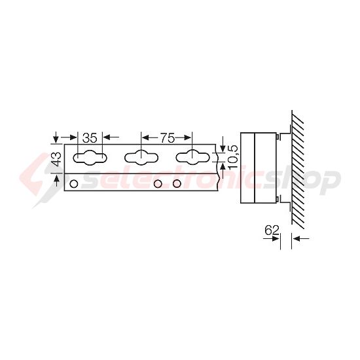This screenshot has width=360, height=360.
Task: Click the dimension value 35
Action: pos(90,137)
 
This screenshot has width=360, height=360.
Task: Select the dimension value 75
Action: pos(167,137)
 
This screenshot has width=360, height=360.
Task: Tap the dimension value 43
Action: pos(56,158)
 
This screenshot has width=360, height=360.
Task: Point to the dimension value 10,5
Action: pos(232,157)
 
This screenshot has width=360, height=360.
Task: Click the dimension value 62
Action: pos(272,230)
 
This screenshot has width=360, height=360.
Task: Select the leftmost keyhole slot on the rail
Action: pos(90,158)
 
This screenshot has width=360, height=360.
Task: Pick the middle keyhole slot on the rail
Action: pos(141,158)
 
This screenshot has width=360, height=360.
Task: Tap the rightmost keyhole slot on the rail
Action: pos(193,158)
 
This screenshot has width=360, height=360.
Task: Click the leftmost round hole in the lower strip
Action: pos(74,184)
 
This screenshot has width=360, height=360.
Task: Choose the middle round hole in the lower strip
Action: pos(158,184)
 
